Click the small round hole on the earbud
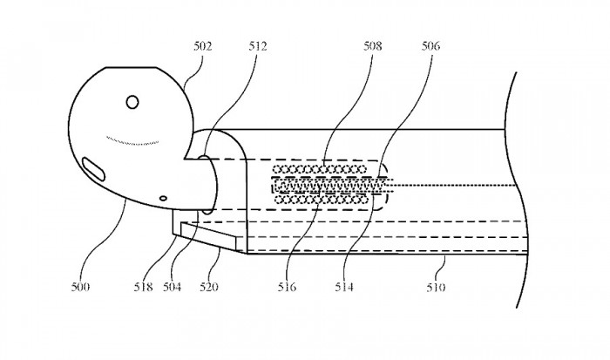point(132,103)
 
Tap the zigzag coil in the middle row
point(327,184)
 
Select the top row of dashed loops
point(318,167)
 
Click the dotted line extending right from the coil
point(453,185)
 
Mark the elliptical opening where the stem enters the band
point(207,184)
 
